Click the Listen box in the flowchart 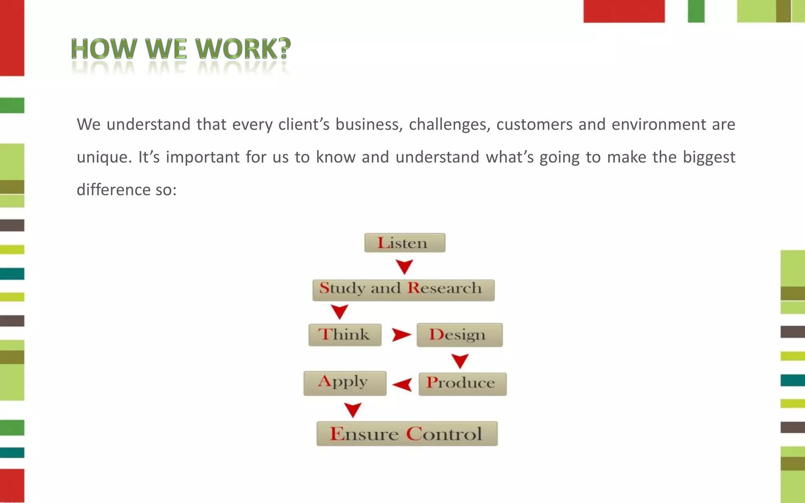(x=405, y=243)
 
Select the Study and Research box (x=403, y=290)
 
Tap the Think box (x=345, y=335)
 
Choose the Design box (x=459, y=335)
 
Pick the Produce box (x=462, y=384)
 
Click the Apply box (x=345, y=383)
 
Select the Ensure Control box (x=407, y=434)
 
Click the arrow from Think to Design (x=401, y=335)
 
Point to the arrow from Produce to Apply (x=403, y=384)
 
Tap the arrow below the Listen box (x=404, y=266)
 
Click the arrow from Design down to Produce (x=459, y=360)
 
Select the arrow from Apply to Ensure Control (x=353, y=409)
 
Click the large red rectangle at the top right (x=624, y=11)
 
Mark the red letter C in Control (x=414, y=434)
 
